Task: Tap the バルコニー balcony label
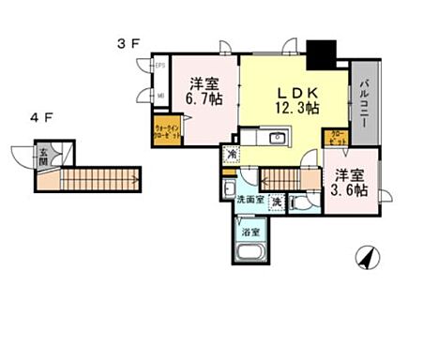point(364,104)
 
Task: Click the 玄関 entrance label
point(44,157)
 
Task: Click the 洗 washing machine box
point(276,200)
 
